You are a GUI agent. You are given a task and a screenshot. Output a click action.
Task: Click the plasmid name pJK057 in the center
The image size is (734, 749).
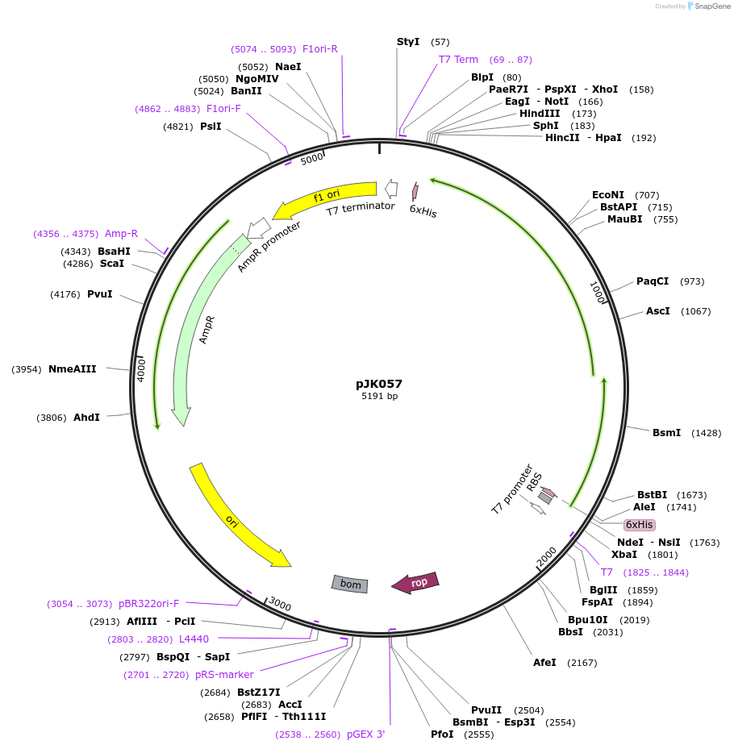[379, 384]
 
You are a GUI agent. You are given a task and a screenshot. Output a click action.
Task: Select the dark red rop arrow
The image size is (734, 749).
[415, 582]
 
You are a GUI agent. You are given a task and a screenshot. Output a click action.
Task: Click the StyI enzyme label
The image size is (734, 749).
[408, 41]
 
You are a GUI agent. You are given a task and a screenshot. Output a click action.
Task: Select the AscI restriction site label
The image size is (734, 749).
[657, 311]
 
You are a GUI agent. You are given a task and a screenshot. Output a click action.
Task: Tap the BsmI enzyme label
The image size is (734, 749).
[666, 433]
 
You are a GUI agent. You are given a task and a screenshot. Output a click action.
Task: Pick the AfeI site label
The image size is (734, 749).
[544, 663]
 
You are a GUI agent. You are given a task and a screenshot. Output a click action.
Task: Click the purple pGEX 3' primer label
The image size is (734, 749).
[365, 734]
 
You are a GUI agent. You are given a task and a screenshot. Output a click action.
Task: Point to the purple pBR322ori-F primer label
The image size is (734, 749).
[148, 604]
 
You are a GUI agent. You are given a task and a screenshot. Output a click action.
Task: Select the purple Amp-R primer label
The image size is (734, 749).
[121, 234]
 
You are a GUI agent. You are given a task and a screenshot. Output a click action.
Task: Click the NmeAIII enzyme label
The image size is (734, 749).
[72, 369]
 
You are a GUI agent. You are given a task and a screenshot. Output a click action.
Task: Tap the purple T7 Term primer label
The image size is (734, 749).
[458, 60]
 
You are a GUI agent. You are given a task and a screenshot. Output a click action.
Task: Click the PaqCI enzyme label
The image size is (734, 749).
[653, 281]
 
